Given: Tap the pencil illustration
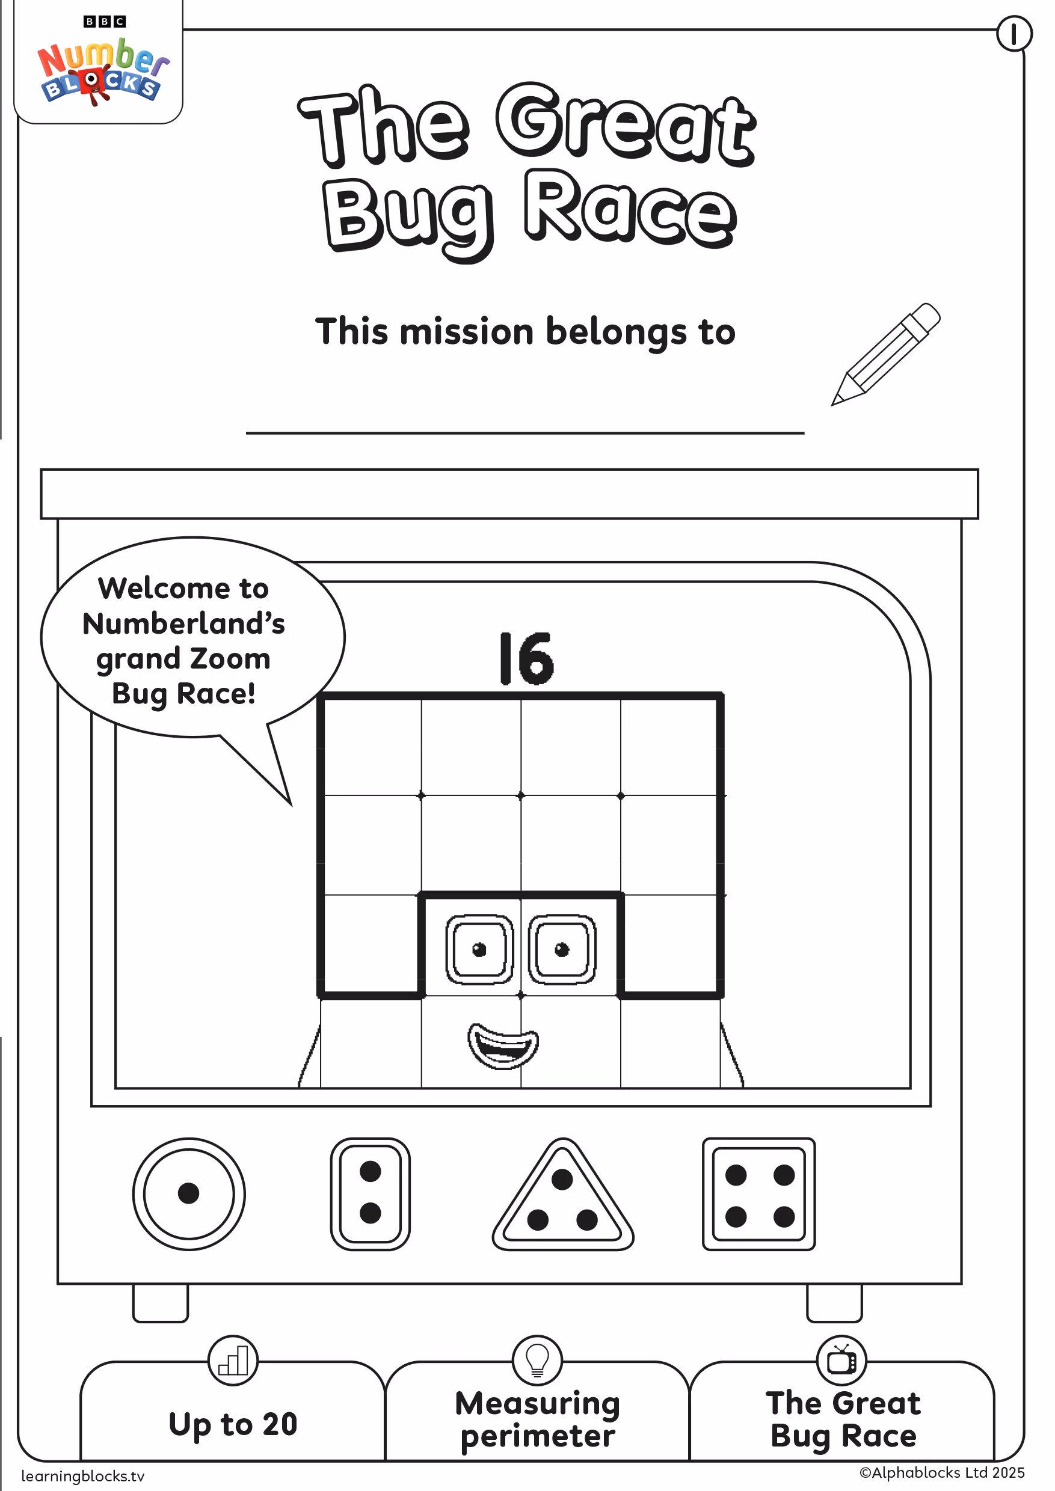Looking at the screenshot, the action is click(886, 354).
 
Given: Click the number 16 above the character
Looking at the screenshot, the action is click(526, 658).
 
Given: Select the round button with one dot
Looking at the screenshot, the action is click(189, 1193).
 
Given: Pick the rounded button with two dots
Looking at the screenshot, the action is click(371, 1193).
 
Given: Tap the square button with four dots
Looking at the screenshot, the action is click(758, 1193).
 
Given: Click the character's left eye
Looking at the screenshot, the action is click(479, 949).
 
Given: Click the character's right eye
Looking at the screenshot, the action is click(562, 949).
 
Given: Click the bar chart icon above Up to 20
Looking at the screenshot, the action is click(233, 1361).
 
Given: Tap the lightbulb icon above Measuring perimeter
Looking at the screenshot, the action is click(537, 1361).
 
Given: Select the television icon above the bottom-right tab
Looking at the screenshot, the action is click(842, 1361).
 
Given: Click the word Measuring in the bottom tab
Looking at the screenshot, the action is click(538, 1403).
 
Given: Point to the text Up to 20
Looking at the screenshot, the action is click(233, 1424).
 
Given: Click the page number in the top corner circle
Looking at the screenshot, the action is click(1014, 33).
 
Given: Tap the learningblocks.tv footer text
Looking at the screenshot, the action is click(82, 1476).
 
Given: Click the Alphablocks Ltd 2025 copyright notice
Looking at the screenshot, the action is click(942, 1472).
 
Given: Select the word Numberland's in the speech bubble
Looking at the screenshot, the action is click(184, 623).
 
